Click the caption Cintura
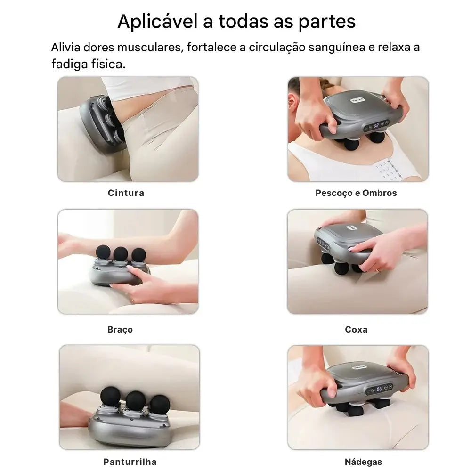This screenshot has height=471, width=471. pyautogui.click(x=126, y=193)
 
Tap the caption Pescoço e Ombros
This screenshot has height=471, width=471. pyautogui.click(x=356, y=193)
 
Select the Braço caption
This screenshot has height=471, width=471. pyautogui.click(x=120, y=330)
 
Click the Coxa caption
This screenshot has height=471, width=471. pyautogui.click(x=356, y=330)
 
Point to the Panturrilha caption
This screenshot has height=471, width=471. pyautogui.click(x=130, y=462)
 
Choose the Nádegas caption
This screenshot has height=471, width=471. pyautogui.click(x=363, y=462)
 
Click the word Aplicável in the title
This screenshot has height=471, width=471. pyautogui.click(x=158, y=22)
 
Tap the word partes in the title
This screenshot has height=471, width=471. pyautogui.click(x=327, y=22)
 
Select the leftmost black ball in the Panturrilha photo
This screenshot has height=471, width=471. pyautogui.click(x=111, y=397)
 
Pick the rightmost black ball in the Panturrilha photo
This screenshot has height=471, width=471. pyautogui.click(x=160, y=405)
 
